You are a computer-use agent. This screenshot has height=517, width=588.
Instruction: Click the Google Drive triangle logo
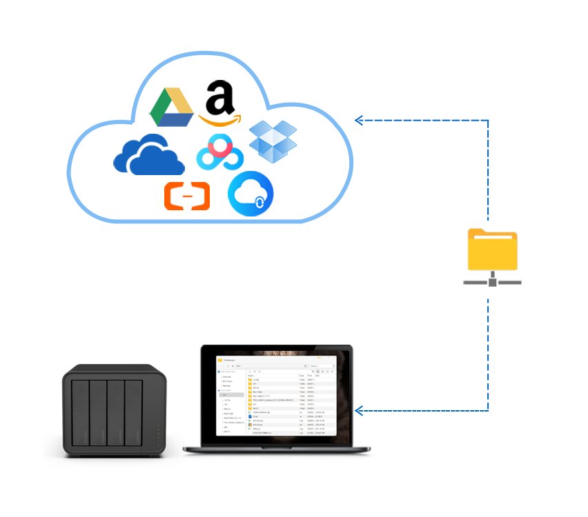tap(171, 108)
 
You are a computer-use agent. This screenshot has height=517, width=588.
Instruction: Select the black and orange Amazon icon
tap(219, 103)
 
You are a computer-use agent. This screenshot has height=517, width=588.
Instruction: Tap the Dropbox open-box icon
tap(273, 142)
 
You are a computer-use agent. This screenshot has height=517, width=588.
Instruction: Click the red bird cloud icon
tap(219, 154)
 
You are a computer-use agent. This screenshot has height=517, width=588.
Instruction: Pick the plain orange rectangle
tap(186, 196)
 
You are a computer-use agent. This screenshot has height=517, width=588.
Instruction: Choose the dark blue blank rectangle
tap(149, 154)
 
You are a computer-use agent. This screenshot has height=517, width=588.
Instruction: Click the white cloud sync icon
tap(253, 194)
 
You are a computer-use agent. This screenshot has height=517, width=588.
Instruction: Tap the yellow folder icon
tap(492, 254)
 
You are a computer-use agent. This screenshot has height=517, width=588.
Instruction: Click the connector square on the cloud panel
tap(358, 121)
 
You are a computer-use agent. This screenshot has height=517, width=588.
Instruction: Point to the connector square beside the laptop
tap(359, 412)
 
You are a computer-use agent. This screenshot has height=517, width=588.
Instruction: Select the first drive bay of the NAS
tap(80, 414)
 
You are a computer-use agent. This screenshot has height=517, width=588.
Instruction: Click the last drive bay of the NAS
tap(133, 414)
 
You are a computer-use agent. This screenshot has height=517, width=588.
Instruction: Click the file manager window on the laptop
tap(275, 395)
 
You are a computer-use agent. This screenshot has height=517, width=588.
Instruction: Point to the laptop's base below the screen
tap(280, 449)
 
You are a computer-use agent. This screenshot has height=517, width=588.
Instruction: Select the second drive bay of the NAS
tap(98, 414)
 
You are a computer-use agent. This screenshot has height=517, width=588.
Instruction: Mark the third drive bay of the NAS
tap(115, 414)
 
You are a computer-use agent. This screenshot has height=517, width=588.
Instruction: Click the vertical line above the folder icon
tap(489, 172)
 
